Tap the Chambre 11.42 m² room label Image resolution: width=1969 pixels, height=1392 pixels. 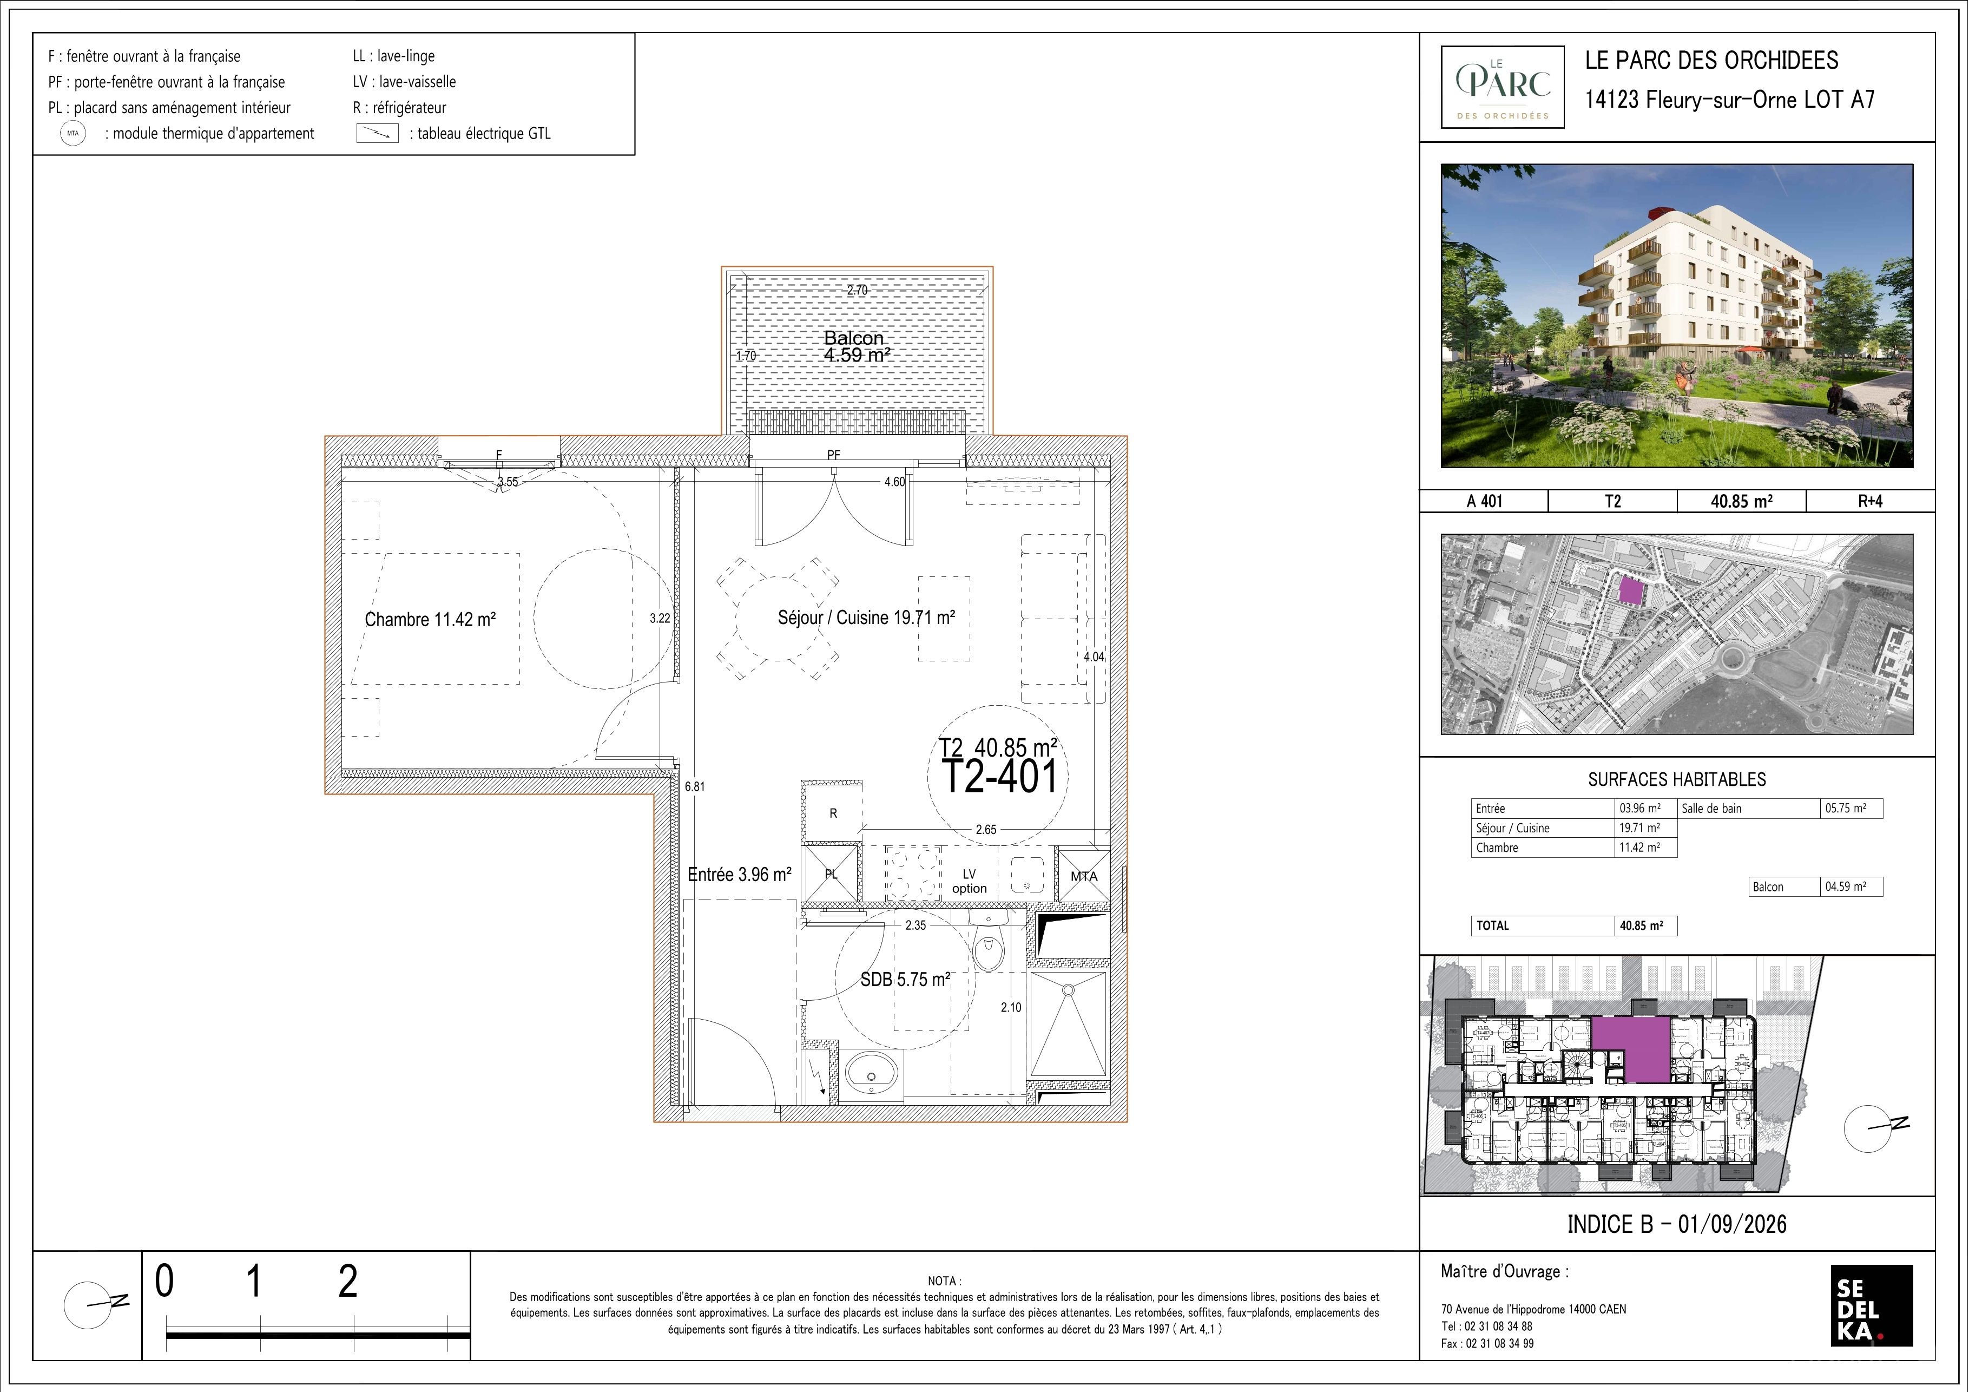431,619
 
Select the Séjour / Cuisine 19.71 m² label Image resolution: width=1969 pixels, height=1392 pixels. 866,618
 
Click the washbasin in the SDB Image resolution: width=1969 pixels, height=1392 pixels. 871,1073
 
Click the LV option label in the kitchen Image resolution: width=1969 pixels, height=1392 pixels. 969,882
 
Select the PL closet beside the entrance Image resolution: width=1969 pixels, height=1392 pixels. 830,875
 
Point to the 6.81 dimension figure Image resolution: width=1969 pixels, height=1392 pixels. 695,786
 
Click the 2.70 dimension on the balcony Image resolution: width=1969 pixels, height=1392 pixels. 858,290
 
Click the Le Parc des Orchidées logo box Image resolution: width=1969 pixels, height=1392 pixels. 1503,87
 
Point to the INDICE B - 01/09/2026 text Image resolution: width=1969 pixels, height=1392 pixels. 1677,1224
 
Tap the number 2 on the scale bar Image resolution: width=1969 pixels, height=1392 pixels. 347,1282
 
